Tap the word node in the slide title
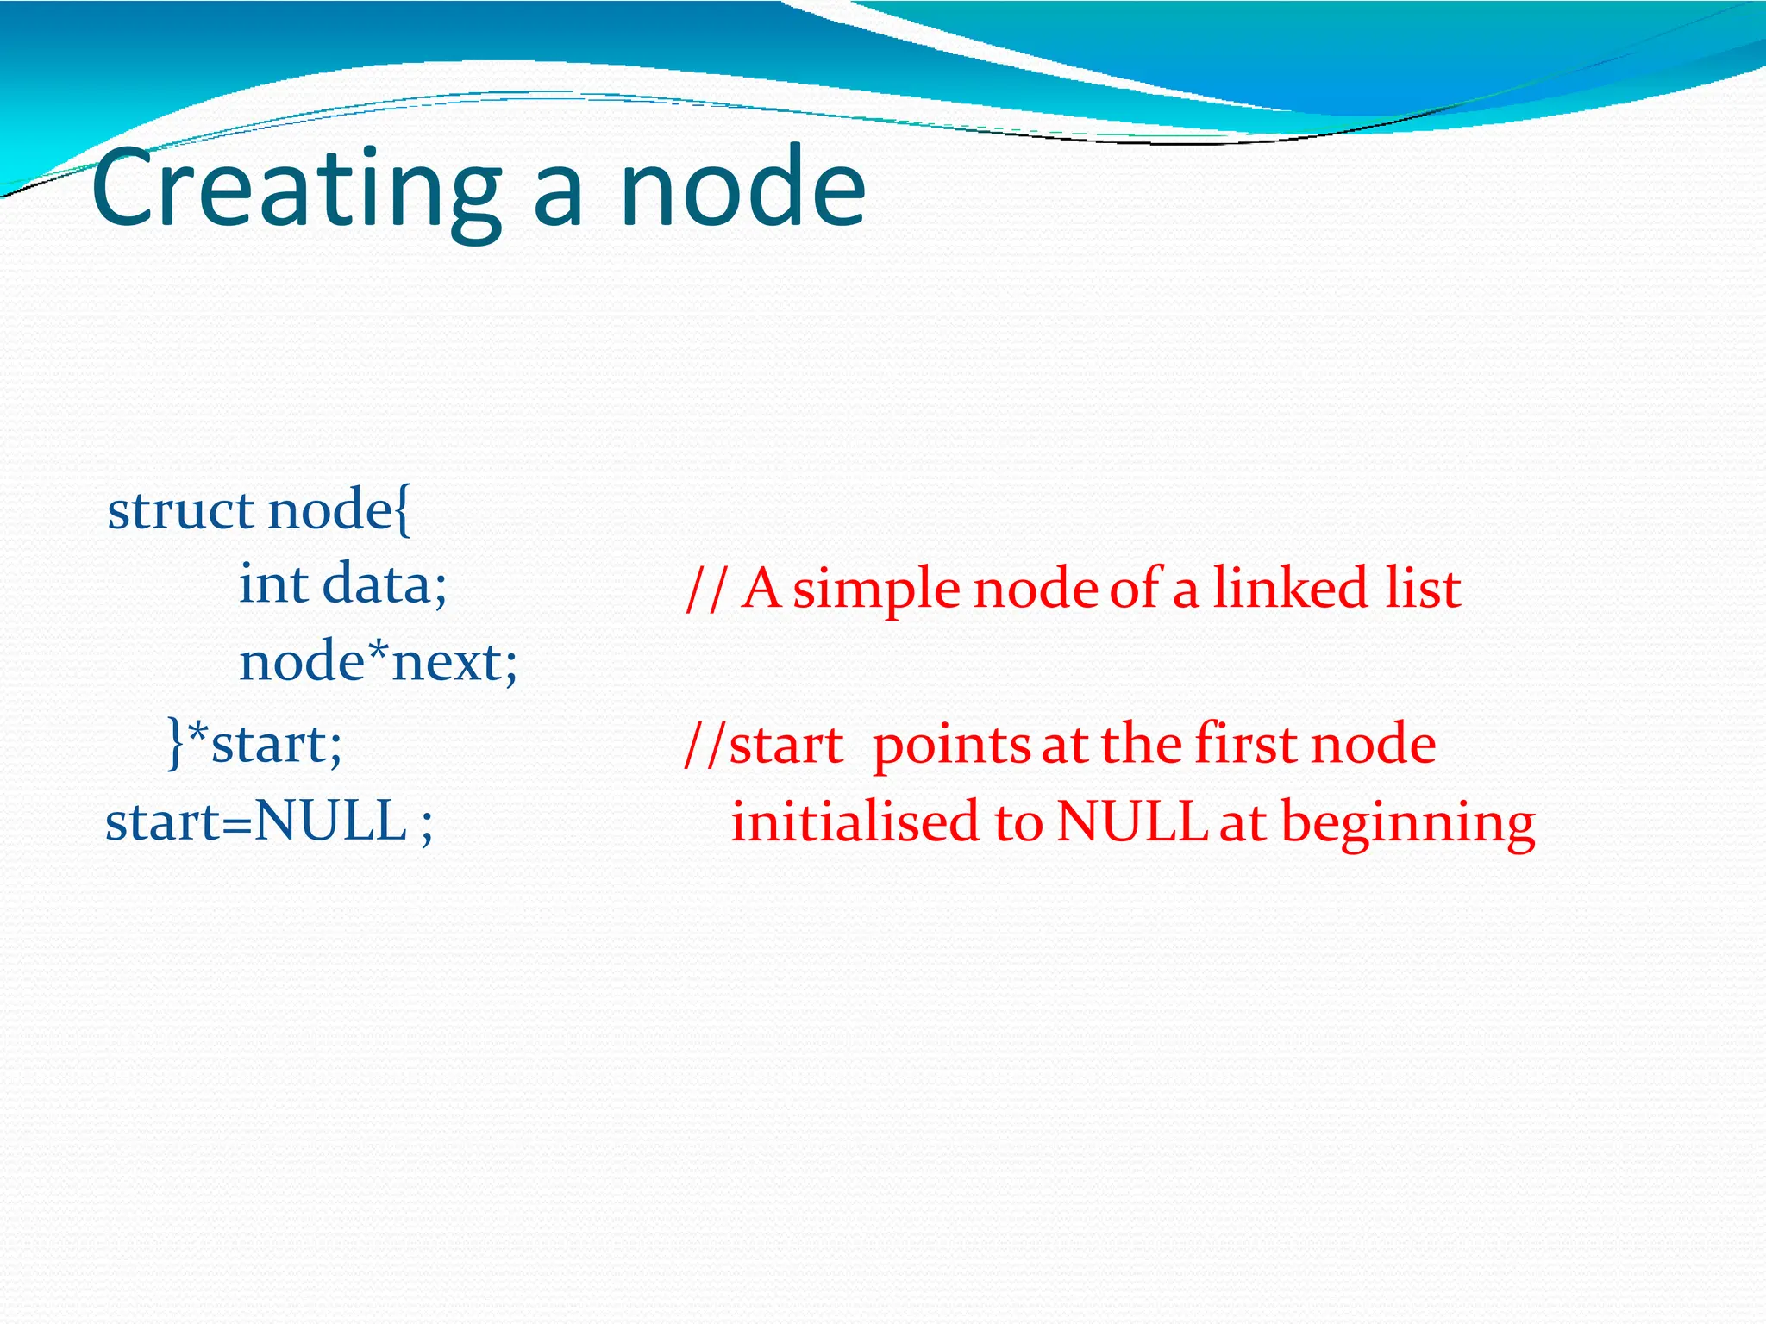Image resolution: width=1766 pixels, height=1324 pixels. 742,188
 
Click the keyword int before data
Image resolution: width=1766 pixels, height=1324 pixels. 272,584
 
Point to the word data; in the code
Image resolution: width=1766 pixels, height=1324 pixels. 385,584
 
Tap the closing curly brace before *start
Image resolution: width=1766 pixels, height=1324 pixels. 175,743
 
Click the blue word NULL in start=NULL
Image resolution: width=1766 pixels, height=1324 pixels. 330,821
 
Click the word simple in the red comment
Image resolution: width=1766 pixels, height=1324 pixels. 876,590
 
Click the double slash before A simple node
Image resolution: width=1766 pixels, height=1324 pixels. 705,590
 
